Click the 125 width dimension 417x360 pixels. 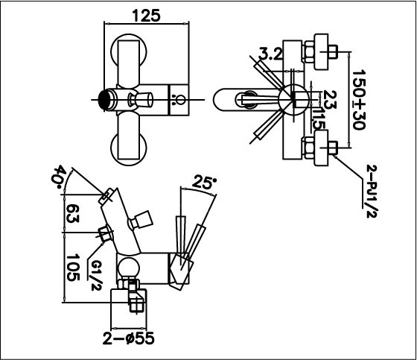click(144, 15)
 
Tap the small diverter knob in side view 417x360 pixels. click(141, 221)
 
